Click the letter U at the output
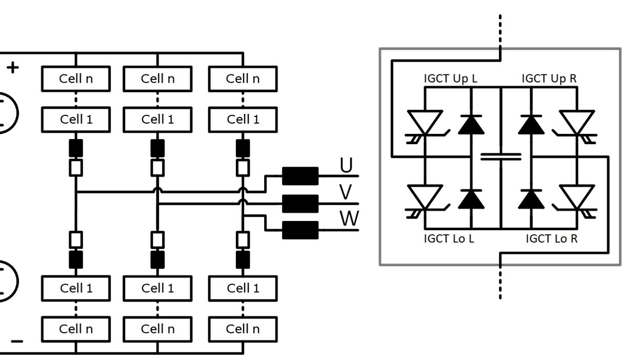coord(346,165)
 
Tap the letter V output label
coord(346,192)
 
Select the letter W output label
coord(349,218)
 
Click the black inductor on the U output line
coord(301,176)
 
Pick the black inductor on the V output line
coord(301,204)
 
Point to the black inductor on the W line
coord(301,230)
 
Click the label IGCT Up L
coord(450,78)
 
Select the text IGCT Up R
coord(549,78)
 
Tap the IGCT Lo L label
coord(449,238)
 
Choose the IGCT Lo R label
coord(551,238)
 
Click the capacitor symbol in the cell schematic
coord(501,156)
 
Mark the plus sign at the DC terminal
coord(13,68)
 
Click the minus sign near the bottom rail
coord(17,341)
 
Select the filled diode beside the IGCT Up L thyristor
coord(471,125)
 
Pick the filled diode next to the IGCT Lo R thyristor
coord(531,199)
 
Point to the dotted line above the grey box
coord(500,30)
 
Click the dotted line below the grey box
coord(500,284)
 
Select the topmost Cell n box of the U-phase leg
coord(76,79)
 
